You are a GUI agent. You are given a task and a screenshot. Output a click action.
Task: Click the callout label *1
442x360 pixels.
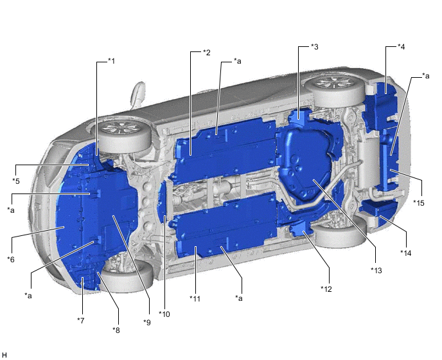112,61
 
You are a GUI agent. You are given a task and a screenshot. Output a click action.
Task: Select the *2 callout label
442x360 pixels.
207,53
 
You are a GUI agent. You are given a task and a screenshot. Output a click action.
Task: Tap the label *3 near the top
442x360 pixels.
315,47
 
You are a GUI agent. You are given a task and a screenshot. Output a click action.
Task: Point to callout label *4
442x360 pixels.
401,47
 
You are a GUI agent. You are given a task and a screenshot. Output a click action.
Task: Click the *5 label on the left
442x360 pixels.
16,181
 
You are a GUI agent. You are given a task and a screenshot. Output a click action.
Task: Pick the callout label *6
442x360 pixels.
11,259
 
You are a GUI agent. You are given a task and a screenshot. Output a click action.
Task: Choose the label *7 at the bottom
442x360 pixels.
81,321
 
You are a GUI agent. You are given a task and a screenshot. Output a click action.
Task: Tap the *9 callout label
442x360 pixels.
147,322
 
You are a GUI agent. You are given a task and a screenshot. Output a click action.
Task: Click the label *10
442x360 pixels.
164,314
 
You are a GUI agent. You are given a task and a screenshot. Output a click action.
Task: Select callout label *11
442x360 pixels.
195,298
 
